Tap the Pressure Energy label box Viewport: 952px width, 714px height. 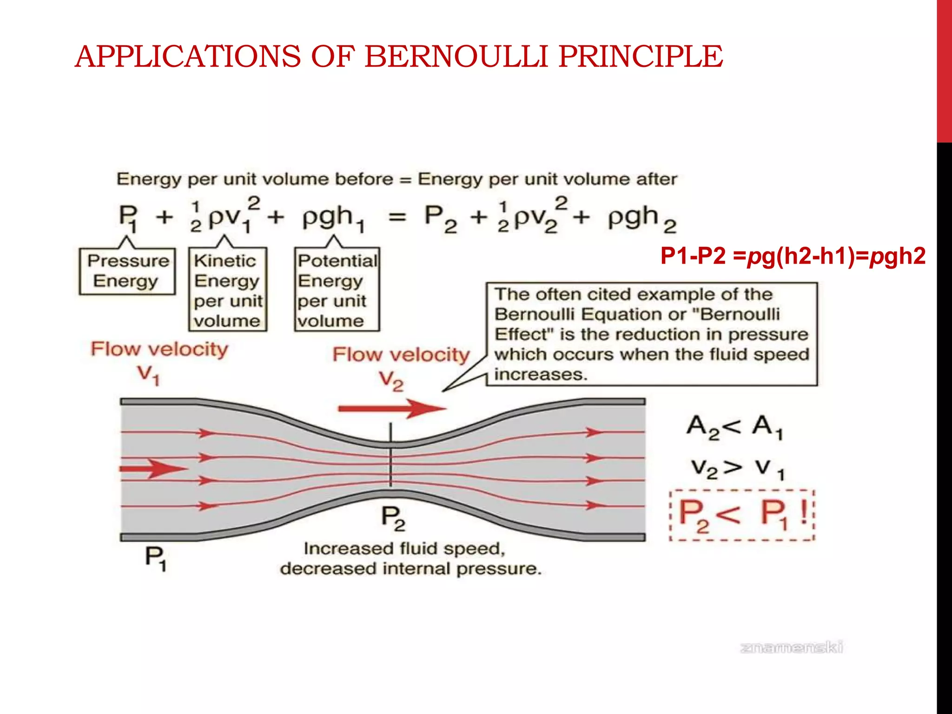pyautogui.click(x=127, y=271)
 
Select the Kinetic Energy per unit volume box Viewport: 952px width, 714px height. pyautogui.click(x=228, y=290)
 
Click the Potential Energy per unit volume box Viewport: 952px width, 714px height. pyautogui.click(x=337, y=290)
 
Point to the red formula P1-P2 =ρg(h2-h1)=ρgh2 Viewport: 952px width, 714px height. pyautogui.click(x=793, y=256)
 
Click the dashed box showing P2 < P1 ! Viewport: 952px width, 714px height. pyautogui.click(x=742, y=515)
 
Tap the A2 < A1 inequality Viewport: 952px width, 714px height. pyautogui.click(x=734, y=427)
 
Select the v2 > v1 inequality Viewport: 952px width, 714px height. pyautogui.click(x=737, y=468)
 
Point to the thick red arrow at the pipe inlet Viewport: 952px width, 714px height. pyautogui.click(x=153, y=469)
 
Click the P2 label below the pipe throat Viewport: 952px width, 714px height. pyautogui.click(x=393, y=518)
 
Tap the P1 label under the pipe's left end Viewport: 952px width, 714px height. pyautogui.click(x=155, y=558)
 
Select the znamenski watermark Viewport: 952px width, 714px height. pyautogui.click(x=791, y=648)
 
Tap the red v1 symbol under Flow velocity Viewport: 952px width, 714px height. pyautogui.click(x=149, y=375)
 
